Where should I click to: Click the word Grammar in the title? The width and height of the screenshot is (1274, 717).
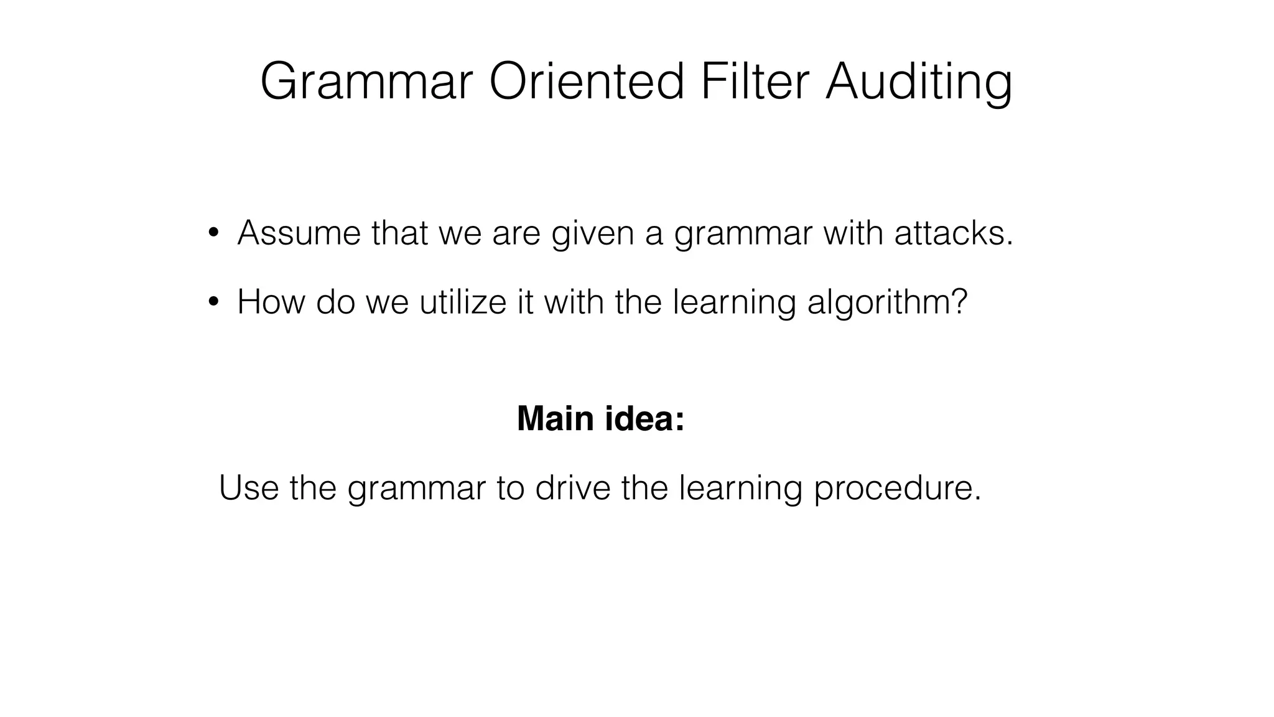[366, 82]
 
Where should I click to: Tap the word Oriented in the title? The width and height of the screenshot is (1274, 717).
[587, 82]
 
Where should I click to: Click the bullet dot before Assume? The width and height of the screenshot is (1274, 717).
[213, 233]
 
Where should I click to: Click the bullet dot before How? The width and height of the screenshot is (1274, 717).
[213, 302]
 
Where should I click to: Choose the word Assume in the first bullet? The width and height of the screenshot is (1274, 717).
[299, 233]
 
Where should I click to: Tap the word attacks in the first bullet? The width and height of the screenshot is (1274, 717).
[953, 233]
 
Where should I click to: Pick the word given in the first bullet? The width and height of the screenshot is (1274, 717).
[592, 234]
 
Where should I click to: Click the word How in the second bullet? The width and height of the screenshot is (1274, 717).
[271, 302]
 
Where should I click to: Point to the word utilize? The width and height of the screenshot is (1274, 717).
[463, 302]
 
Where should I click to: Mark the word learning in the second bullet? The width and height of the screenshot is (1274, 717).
[734, 303]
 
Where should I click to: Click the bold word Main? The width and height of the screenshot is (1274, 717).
[555, 418]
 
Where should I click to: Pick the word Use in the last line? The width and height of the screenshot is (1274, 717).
[249, 487]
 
